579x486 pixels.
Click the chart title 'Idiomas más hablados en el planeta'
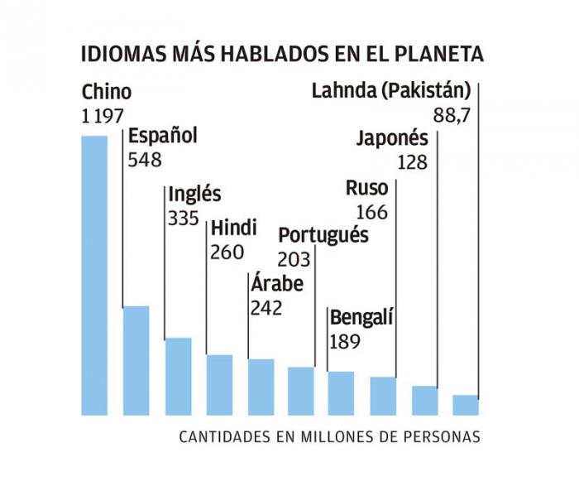[282, 55]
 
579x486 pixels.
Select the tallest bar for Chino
[94, 273]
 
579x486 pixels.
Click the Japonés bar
[424, 399]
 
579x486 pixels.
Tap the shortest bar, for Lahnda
[466, 404]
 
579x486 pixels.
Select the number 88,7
[452, 116]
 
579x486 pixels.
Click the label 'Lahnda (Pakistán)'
[391, 91]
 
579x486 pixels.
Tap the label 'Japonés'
[392, 138]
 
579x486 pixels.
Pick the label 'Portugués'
[323, 235]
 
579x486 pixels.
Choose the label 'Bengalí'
[361, 318]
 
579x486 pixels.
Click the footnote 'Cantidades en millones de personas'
[329, 436]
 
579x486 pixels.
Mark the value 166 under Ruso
[371, 212]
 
